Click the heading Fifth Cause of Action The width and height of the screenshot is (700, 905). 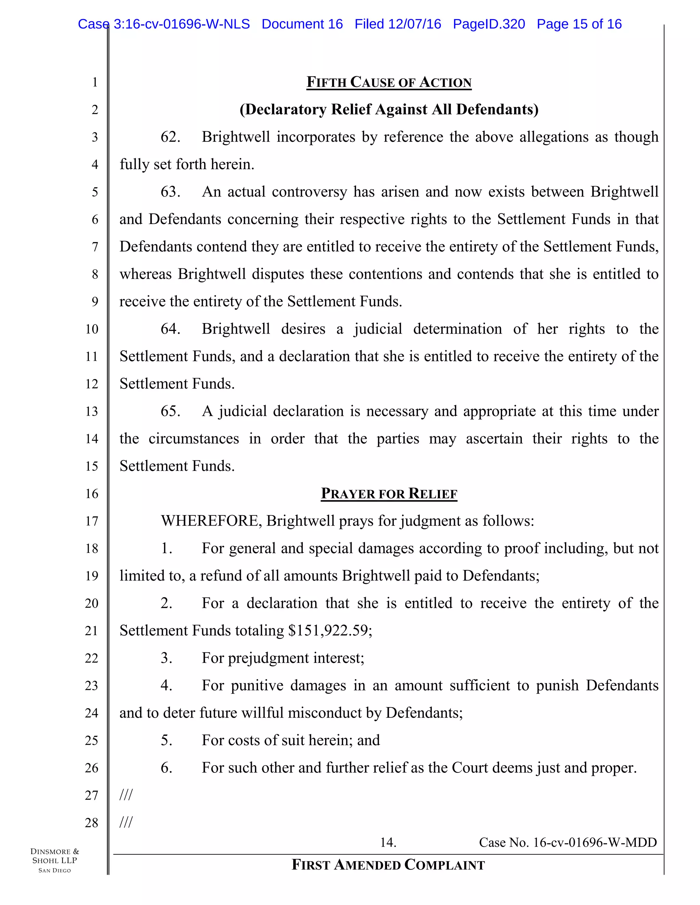tap(389, 82)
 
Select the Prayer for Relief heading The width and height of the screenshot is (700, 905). tap(389, 493)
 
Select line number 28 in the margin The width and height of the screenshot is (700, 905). tap(92, 823)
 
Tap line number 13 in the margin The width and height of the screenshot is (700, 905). tap(92, 412)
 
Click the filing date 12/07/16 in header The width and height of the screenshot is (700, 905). tap(414, 24)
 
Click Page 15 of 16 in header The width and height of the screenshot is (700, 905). tap(579, 24)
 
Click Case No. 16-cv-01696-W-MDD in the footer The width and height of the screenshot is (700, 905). tap(567, 843)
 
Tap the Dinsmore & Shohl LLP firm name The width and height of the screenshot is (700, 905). tap(55, 856)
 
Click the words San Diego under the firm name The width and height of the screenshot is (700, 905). tap(55, 871)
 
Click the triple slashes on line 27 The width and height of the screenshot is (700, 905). tap(126, 795)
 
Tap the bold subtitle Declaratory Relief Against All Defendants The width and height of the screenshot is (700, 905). tap(389, 109)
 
